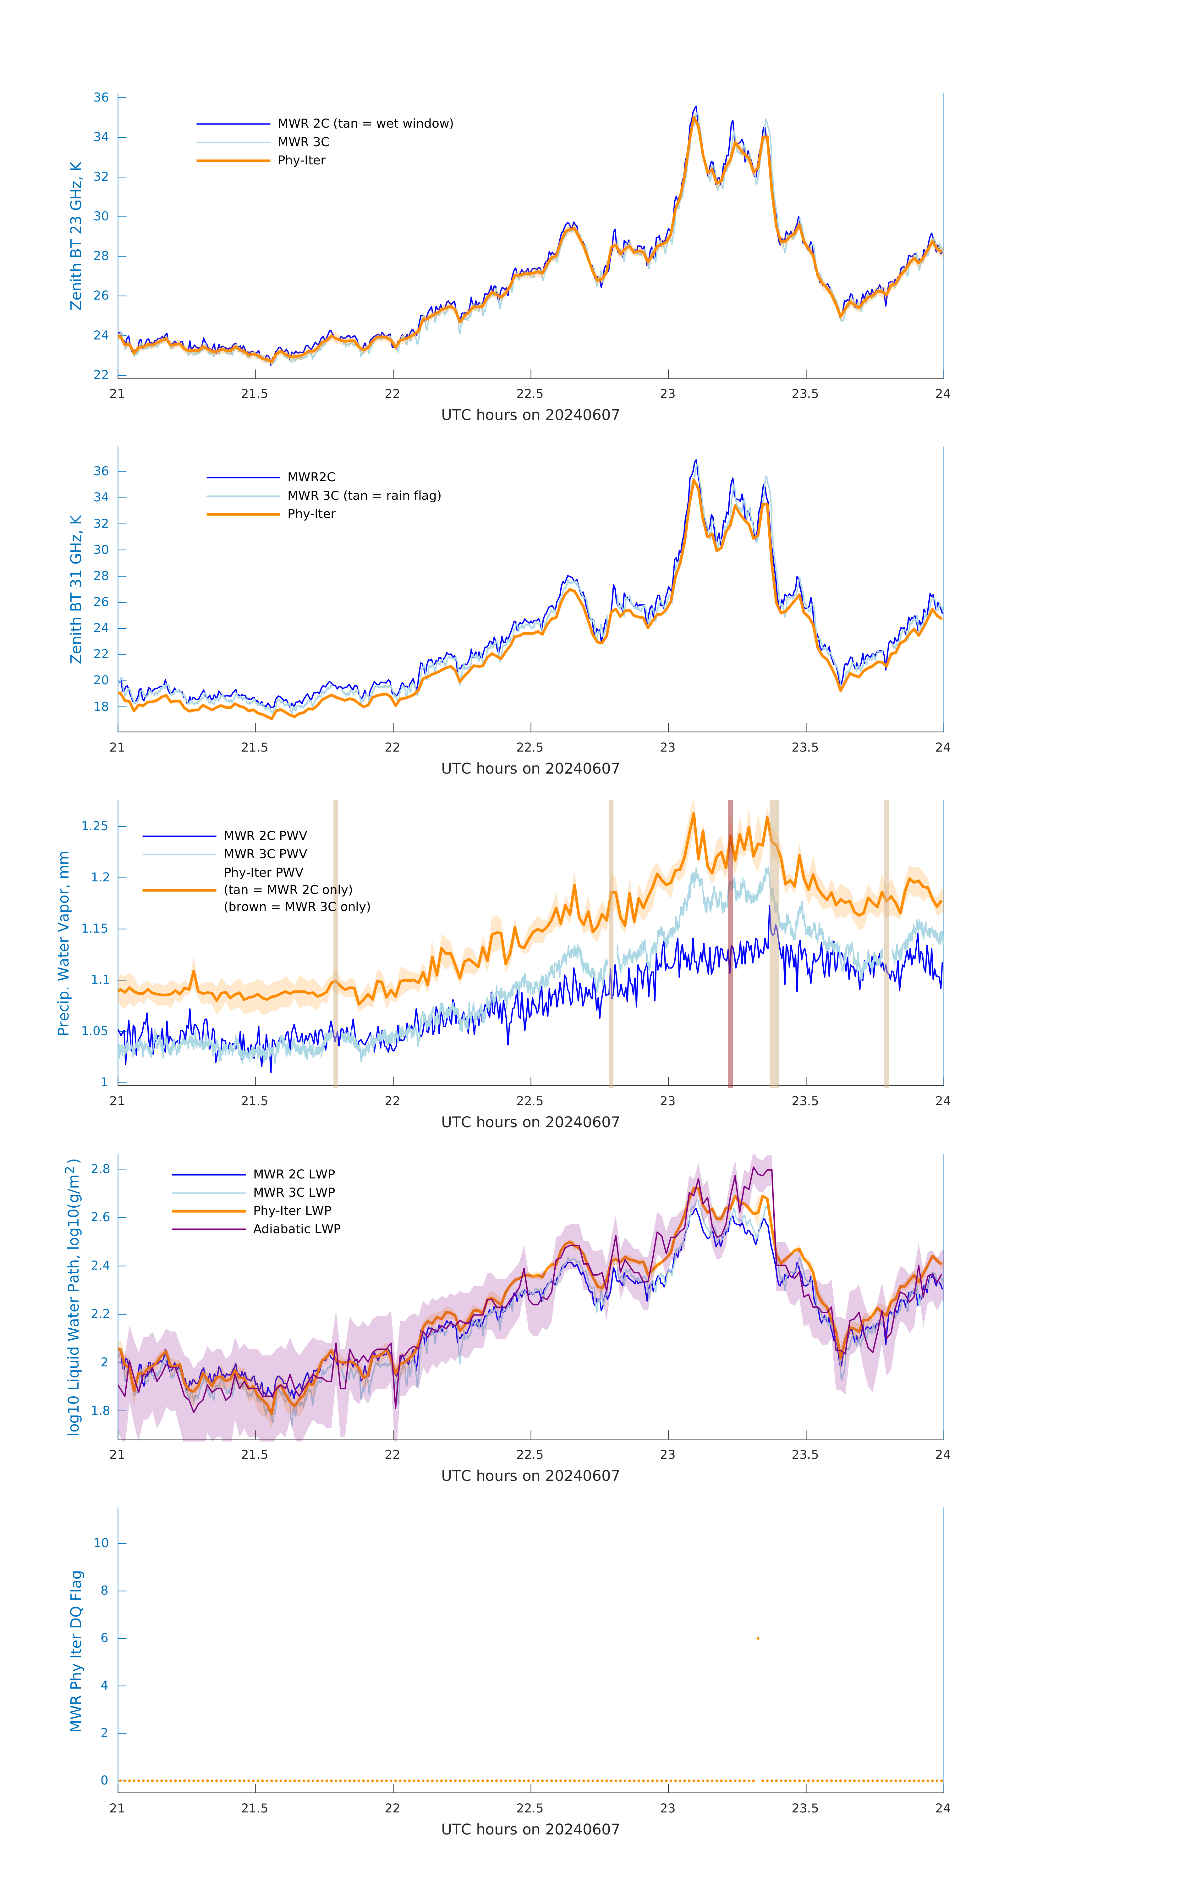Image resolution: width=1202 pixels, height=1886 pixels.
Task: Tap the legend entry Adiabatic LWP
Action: click(x=297, y=1229)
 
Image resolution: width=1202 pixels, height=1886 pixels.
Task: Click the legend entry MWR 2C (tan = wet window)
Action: click(x=365, y=124)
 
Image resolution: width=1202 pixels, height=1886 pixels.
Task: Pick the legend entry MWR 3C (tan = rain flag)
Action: click(x=364, y=496)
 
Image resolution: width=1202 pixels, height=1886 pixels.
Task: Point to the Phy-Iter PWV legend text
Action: click(x=263, y=873)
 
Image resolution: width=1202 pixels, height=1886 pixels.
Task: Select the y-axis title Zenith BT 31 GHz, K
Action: click(x=76, y=589)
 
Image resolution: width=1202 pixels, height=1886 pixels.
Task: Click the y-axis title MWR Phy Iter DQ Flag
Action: click(x=76, y=1650)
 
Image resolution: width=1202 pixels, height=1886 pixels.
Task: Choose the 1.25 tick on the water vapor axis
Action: click(x=95, y=826)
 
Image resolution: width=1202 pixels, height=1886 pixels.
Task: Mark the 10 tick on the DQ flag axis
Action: click(x=101, y=1543)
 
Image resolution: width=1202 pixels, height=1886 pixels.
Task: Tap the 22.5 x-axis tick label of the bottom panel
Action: click(x=530, y=1808)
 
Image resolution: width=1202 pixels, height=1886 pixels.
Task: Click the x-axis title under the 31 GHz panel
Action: click(x=530, y=768)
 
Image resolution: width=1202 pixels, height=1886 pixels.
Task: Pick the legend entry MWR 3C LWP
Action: click(x=294, y=1192)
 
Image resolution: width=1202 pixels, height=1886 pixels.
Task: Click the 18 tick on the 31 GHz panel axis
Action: click(x=101, y=707)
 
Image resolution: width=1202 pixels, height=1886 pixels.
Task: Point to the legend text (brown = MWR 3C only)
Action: click(x=297, y=907)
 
